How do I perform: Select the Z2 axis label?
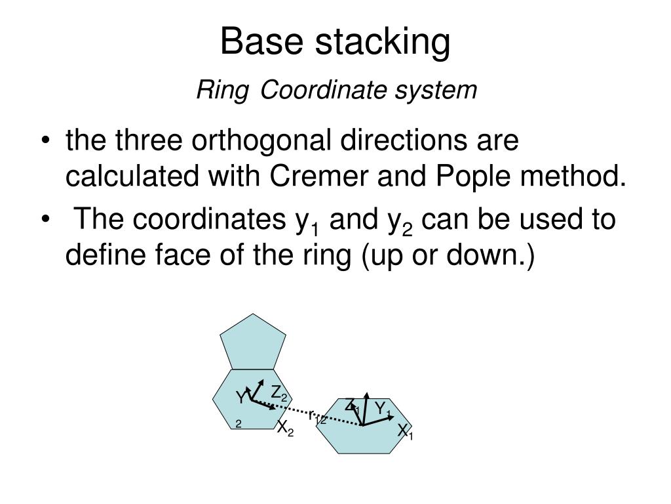tap(279, 394)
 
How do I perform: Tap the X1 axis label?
tap(405, 432)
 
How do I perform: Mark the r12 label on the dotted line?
tap(317, 417)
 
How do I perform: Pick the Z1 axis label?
tap(352, 406)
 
